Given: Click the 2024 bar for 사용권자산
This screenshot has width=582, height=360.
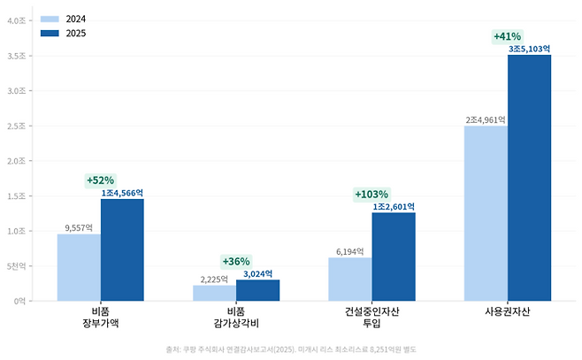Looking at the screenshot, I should pos(486,213).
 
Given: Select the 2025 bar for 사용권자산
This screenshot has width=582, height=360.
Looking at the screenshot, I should pos(529,178).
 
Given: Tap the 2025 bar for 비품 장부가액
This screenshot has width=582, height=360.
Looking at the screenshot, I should pos(122,249).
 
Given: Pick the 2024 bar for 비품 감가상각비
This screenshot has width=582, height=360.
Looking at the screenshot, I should pos(214,293).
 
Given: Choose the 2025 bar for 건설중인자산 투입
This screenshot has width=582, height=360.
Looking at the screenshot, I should pos(394,257).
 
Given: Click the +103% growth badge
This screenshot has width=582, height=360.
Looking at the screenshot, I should pos(371,194).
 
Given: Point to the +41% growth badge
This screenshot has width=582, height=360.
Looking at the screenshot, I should pos(507,36).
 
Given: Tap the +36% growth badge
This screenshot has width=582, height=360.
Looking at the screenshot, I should pos(236,261).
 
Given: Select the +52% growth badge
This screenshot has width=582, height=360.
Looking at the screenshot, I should pos(100,180).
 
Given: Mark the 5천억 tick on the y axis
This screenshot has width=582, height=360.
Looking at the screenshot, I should pos(17,266).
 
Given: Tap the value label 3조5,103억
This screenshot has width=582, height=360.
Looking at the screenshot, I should pos(529,50).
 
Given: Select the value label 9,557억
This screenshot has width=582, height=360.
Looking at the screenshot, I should pos(79,227).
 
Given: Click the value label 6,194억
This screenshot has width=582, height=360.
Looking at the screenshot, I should pos(349,251).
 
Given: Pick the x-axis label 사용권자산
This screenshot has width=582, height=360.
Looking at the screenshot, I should pos(507,312).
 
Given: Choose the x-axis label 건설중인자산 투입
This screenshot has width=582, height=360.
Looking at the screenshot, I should pos(371,318).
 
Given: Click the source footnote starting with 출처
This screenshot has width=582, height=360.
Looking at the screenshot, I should pos(290,348).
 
